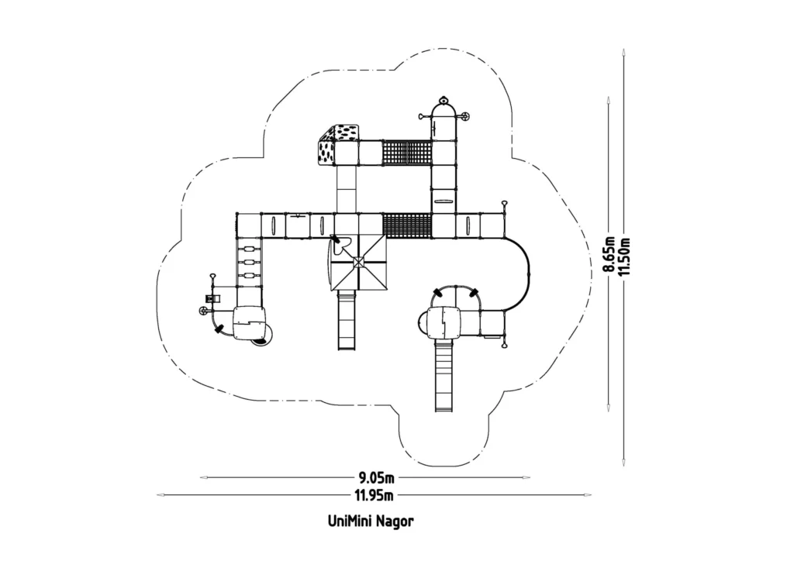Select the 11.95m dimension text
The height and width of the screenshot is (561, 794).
click(375, 494)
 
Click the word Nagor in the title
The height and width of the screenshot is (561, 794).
click(395, 521)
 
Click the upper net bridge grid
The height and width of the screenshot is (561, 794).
click(408, 153)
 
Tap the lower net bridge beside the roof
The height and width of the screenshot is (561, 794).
click(407, 225)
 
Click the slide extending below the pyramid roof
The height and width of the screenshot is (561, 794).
click(346, 321)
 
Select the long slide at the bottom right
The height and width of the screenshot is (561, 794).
click(443, 376)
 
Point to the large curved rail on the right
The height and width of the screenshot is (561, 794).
click(527, 267)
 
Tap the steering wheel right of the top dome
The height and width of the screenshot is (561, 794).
click(465, 117)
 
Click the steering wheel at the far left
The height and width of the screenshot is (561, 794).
click(203, 311)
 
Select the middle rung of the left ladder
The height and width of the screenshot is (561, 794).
click(248, 262)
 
